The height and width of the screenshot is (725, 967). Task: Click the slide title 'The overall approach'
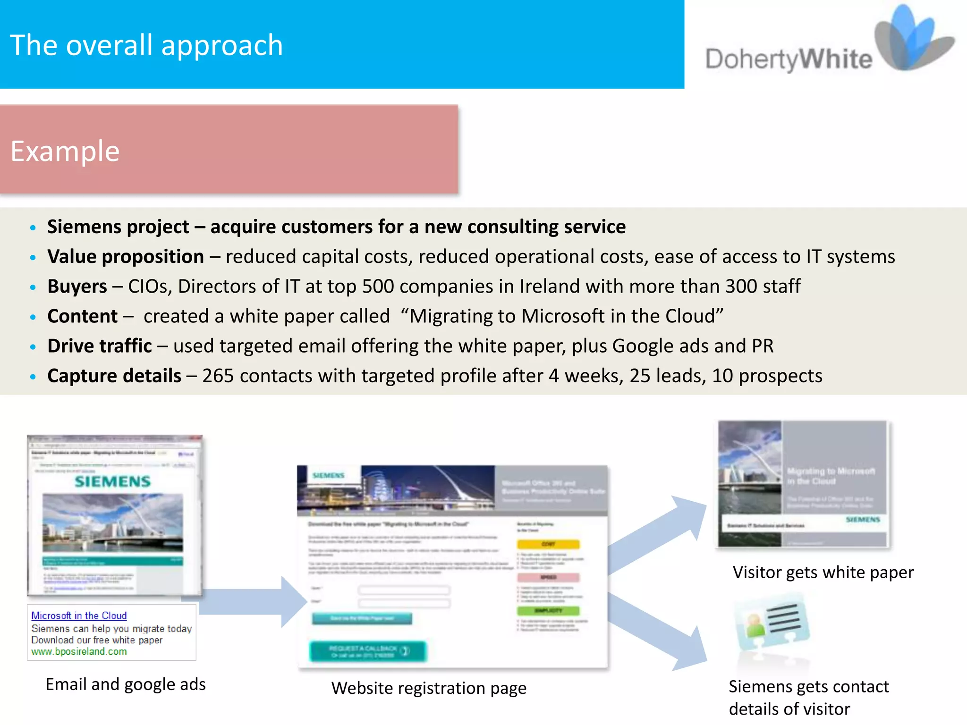(x=146, y=45)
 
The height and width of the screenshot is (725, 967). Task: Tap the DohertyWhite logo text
(x=789, y=60)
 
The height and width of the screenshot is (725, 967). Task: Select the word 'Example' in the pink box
(x=65, y=152)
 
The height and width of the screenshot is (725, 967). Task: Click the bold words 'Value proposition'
(x=126, y=257)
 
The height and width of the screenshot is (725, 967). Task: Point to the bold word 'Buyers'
(x=77, y=287)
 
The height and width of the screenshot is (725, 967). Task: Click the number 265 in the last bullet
(x=218, y=376)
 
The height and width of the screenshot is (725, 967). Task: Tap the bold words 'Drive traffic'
(x=100, y=346)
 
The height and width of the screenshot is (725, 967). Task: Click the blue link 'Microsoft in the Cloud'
(x=79, y=615)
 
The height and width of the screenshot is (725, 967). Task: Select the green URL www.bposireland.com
(x=79, y=652)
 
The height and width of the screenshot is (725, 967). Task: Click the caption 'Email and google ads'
(x=126, y=684)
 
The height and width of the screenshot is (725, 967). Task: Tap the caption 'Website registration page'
(x=429, y=688)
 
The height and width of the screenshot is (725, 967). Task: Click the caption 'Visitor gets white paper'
(x=823, y=573)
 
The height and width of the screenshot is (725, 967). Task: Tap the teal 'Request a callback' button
(x=368, y=651)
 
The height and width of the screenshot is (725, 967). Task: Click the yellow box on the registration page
(x=548, y=544)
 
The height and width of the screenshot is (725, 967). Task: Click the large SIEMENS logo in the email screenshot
(x=113, y=481)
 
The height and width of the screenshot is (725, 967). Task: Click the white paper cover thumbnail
(x=803, y=484)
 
